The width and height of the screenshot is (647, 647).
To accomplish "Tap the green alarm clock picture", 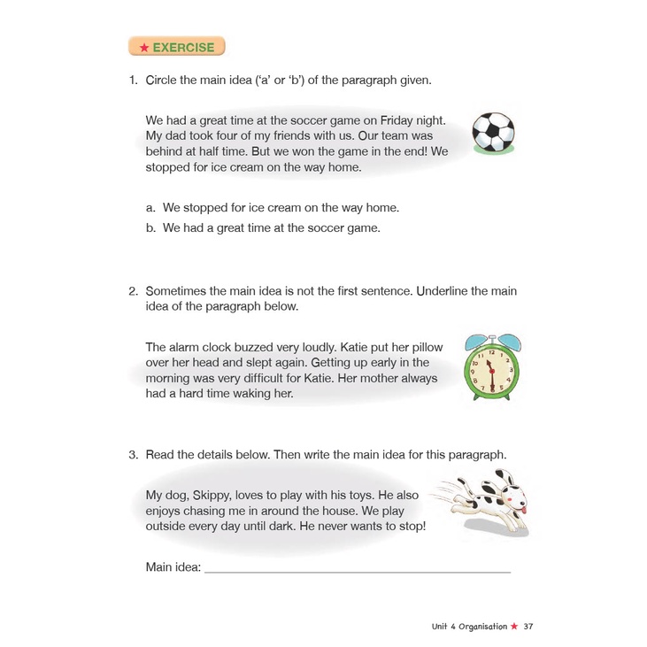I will (493, 370).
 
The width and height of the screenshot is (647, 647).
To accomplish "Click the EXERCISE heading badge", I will (176, 46).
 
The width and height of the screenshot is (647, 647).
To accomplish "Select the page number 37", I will (528, 627).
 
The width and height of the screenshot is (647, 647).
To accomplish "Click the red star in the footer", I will (514, 627).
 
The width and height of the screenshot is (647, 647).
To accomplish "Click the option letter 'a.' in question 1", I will (151, 208).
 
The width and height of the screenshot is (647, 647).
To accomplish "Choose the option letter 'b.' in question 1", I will (151, 227).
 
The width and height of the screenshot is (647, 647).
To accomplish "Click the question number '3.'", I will (133, 454).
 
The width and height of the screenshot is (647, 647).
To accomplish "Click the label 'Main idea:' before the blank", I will (173, 566).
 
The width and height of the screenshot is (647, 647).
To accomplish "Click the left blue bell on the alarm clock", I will (475, 341).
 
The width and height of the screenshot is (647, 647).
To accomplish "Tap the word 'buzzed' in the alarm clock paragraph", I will (252, 347).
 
